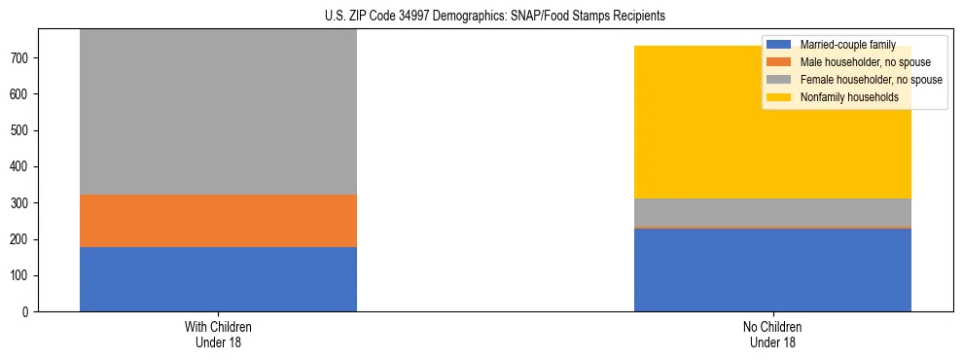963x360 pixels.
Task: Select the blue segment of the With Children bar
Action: click(x=218, y=279)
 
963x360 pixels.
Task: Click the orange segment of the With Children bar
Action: click(x=218, y=221)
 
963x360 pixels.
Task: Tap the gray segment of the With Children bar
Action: click(x=218, y=112)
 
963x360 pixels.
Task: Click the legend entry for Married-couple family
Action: click(x=847, y=45)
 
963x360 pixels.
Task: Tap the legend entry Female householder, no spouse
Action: click(x=866, y=80)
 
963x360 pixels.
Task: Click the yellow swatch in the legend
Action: click(x=779, y=97)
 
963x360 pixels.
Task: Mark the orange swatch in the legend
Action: click(x=779, y=62)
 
